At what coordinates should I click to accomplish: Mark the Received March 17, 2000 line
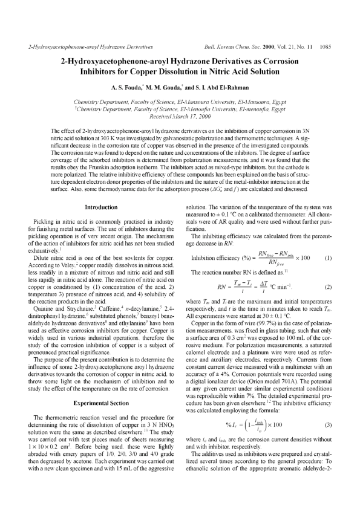(x=180, y=117)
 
